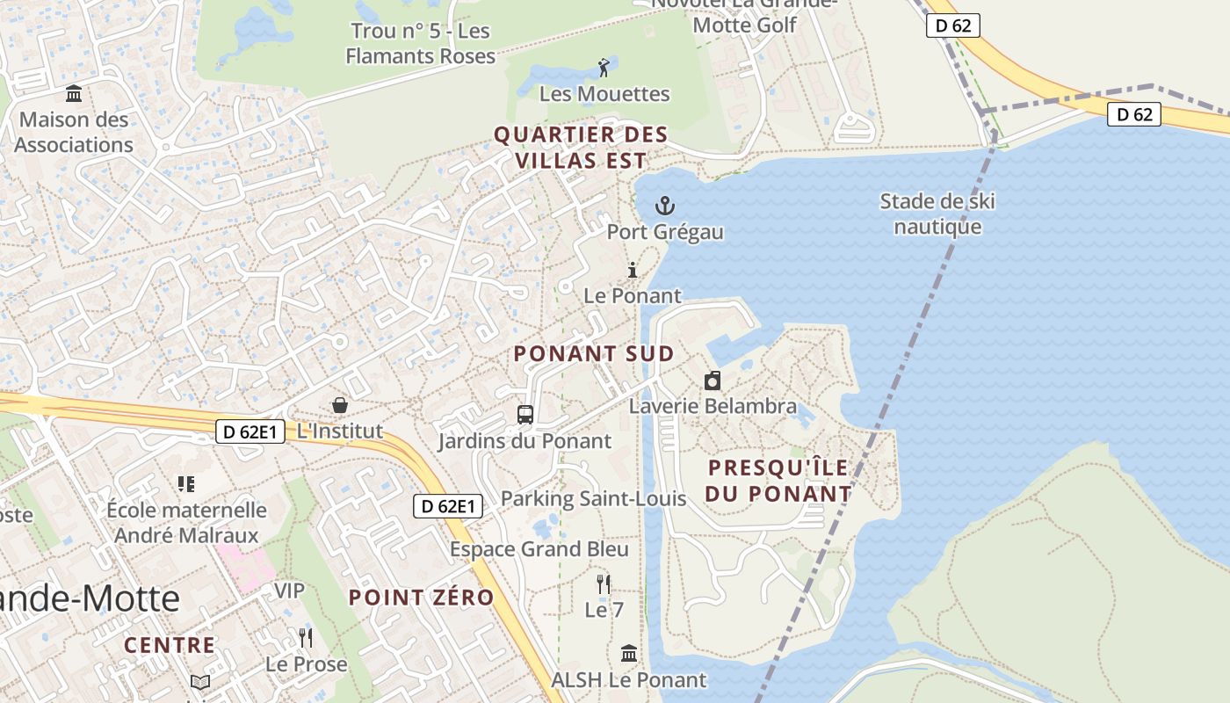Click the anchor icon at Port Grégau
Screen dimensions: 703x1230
665,207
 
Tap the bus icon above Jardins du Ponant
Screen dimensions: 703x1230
525,415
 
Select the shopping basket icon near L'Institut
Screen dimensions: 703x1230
339,405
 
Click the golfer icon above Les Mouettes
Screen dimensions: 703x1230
604,68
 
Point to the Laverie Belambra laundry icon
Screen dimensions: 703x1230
713,380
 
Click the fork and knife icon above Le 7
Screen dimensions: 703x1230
603,584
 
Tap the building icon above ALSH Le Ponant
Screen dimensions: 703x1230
629,654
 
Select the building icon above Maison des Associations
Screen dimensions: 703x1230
74,93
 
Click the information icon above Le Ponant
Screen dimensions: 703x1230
632,271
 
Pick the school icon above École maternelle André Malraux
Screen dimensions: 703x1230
185,483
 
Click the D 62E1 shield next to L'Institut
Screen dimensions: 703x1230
250,431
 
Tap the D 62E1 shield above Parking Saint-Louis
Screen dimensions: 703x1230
448,506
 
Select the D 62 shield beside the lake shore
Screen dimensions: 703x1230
1133,114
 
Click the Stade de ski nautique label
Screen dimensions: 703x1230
937,214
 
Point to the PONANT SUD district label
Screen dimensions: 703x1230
594,354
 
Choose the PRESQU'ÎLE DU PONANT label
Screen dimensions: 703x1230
778,481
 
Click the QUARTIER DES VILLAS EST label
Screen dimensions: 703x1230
581,148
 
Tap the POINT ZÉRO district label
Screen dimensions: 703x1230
421,598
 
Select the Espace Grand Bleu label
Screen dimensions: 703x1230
539,549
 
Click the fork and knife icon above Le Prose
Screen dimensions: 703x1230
305,637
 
